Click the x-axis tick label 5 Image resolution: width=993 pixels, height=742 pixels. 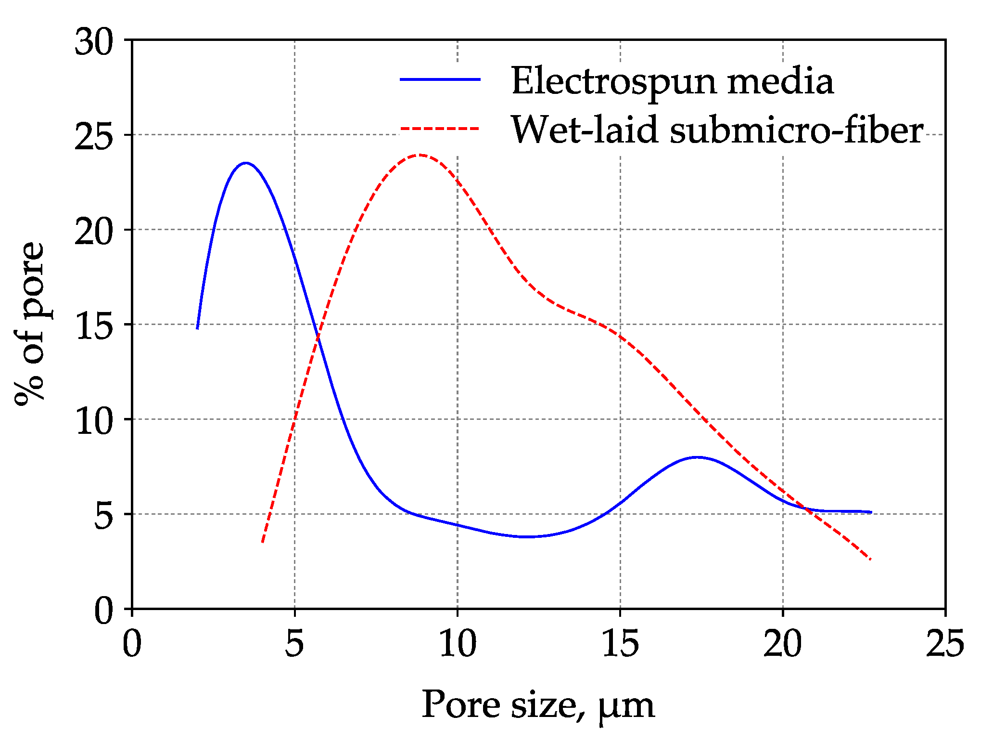tap(294, 644)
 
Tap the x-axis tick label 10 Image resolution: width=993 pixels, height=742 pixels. tap(458, 644)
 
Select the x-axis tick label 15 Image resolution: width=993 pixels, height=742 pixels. tap(620, 644)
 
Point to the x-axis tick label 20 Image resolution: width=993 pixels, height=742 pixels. tap(783, 644)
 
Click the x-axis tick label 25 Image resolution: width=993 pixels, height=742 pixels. tap(945, 644)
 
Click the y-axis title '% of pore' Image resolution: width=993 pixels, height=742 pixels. tap(30, 324)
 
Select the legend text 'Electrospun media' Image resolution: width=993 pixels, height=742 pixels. tap(672, 81)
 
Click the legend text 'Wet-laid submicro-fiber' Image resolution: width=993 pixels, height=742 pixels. tap(716, 130)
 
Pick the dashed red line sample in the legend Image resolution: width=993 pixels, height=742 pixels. tap(440, 129)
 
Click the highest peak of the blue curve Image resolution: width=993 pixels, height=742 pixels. tap(246, 163)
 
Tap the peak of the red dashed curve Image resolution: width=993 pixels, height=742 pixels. tap(420, 155)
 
